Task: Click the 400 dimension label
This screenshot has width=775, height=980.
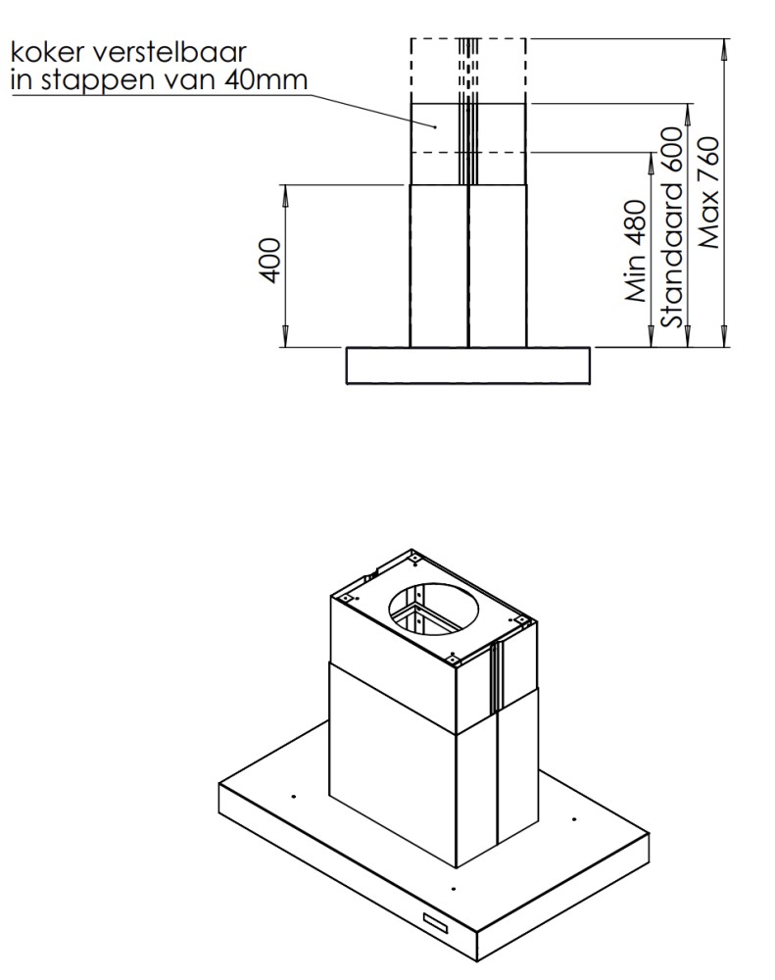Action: [x=270, y=260]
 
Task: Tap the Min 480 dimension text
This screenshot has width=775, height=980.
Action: [x=636, y=251]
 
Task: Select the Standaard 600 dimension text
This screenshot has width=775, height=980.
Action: [x=672, y=227]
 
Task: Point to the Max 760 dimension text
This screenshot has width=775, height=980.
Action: [x=708, y=193]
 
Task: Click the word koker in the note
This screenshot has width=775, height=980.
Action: [x=46, y=52]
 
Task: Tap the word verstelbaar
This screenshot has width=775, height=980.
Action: [x=169, y=52]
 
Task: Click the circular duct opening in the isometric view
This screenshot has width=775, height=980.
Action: [x=434, y=609]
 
